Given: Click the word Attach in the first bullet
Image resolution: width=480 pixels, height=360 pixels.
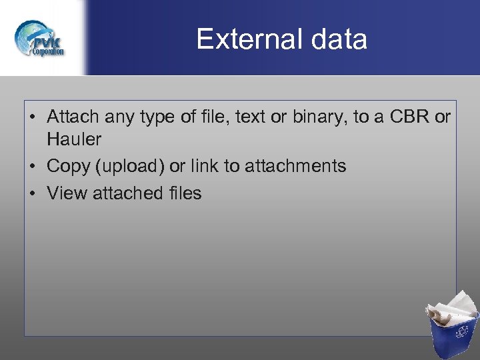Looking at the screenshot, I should [x=70, y=117].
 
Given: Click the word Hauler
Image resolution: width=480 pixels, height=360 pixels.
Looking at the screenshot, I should [x=74, y=139].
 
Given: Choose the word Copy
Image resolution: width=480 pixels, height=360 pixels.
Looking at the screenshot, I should [x=68, y=167].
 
